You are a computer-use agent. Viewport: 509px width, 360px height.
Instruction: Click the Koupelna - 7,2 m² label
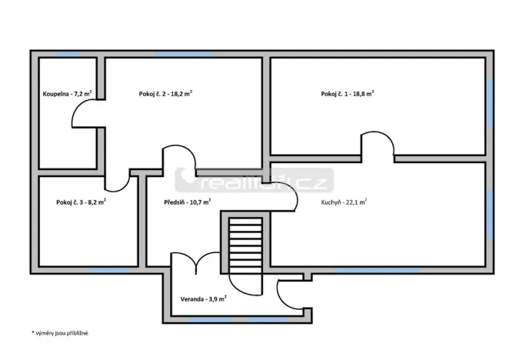click(68, 94)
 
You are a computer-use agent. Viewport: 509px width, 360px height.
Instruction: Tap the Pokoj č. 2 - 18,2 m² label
click(165, 94)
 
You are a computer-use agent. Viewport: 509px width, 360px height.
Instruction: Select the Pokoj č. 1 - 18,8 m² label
click(348, 94)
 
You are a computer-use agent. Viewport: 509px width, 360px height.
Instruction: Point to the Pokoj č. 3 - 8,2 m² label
click(81, 202)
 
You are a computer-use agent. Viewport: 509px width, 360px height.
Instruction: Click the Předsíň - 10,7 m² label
click(188, 202)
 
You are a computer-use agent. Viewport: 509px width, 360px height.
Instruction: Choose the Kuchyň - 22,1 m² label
click(344, 202)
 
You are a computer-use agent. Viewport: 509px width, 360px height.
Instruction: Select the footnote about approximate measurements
click(61, 333)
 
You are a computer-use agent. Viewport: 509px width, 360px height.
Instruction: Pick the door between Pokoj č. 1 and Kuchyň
click(378, 146)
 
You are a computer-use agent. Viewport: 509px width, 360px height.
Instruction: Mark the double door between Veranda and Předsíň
click(197, 262)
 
